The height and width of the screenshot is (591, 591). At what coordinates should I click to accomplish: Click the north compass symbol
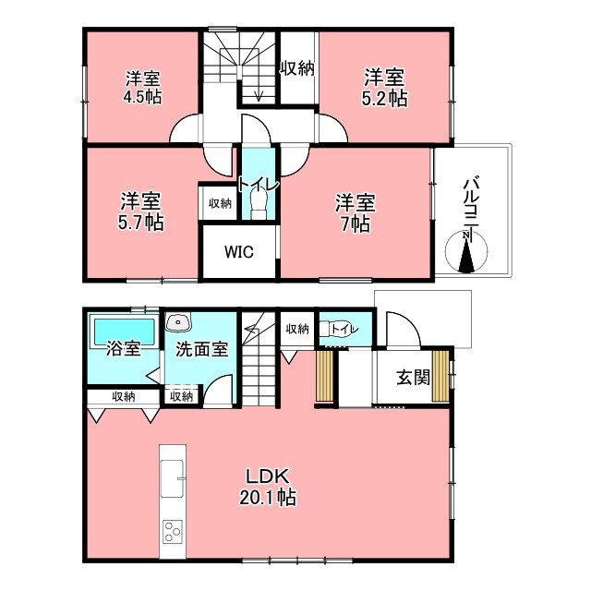coord(466,250)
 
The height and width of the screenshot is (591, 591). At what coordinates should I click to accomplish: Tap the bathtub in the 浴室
coord(125,332)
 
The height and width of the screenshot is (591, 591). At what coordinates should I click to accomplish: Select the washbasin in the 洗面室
coord(178,322)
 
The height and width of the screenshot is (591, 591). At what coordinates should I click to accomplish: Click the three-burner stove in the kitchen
coord(173,531)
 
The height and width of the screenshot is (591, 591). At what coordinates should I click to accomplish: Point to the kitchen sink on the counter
coord(173,478)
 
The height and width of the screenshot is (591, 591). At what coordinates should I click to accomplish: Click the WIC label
coord(239,252)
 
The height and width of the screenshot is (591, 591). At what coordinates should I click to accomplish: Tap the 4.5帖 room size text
coord(143,97)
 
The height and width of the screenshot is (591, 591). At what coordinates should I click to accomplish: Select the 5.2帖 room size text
coord(384,99)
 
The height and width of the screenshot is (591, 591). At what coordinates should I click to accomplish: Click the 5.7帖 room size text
coord(141,222)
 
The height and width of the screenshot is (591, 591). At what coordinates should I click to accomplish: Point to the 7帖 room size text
coord(356,224)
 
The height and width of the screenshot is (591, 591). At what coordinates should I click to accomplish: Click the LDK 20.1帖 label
coord(268,487)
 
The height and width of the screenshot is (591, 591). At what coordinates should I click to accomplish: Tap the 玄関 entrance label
coord(413,378)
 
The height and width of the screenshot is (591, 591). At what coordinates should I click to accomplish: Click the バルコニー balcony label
coord(471,207)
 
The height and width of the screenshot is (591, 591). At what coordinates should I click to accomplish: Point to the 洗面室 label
coord(202,350)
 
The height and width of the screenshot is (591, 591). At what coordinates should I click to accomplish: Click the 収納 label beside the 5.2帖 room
coord(297,68)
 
